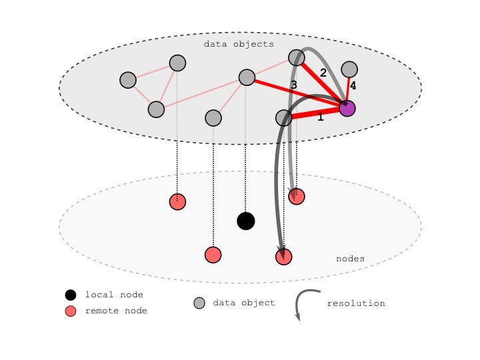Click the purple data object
(x=347, y=108)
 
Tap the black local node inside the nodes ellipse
(x=246, y=221)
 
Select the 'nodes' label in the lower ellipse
(x=350, y=259)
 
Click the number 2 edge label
(x=323, y=73)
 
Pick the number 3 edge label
(x=293, y=85)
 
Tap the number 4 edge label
(x=353, y=86)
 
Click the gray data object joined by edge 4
(x=349, y=69)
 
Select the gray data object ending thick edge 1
(x=284, y=119)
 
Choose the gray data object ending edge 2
(x=297, y=57)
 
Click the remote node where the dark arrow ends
(x=284, y=257)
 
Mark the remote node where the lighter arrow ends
(x=297, y=196)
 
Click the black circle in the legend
(x=71, y=295)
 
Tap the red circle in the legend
(x=71, y=311)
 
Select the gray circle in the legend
(x=199, y=303)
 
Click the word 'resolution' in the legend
(x=356, y=303)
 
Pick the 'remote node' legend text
(x=116, y=311)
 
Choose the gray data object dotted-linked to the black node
(x=247, y=77)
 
